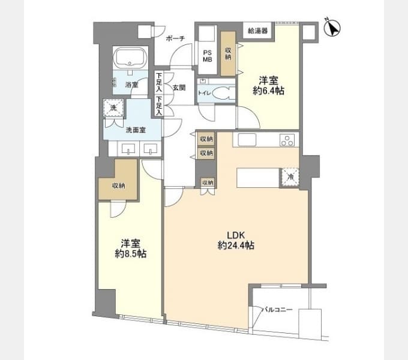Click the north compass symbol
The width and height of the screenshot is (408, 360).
pos(332,28)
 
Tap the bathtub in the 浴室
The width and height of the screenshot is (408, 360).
pos(130,58)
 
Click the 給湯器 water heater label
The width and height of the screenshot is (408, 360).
pos(257,31)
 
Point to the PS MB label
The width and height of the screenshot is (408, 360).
pos(208,56)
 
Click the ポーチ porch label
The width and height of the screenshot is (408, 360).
pos(175,38)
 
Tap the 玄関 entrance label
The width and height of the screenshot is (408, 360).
pos(179,88)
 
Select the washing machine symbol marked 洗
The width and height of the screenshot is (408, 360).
pos(113,107)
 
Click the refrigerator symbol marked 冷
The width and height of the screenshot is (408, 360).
pos(290,178)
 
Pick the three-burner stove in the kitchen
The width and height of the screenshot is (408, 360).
pos(287,140)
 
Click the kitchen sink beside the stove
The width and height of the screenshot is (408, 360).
pos(247,140)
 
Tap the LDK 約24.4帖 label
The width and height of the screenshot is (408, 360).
pos(236,241)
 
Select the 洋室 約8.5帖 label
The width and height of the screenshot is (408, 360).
pos(131,248)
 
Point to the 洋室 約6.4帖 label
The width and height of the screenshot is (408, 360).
pos(269,86)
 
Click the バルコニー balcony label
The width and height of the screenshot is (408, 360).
pos(277,310)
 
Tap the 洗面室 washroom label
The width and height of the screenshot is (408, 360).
pos(136,130)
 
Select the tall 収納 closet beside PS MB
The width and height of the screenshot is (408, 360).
pos(228,53)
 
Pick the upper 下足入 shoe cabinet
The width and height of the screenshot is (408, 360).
pos(159,82)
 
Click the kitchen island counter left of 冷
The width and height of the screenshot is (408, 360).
pos(258,178)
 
